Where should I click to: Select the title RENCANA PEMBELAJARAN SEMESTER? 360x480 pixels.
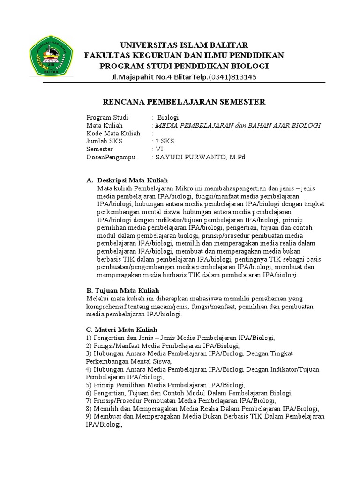pos(184,102)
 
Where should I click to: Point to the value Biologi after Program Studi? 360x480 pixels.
pos(168,117)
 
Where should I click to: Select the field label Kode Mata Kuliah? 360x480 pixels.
pos(113,133)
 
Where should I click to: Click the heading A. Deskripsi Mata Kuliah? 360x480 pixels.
pos(127,180)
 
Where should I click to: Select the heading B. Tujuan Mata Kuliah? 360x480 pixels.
pos(123,290)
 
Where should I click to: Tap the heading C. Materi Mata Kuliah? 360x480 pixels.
pos(122,330)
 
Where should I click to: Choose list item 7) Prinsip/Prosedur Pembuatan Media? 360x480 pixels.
pos(181,401)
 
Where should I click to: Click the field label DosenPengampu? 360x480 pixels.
pos(111,157)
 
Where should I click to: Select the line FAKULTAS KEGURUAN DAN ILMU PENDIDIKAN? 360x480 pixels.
pos(184,55)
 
